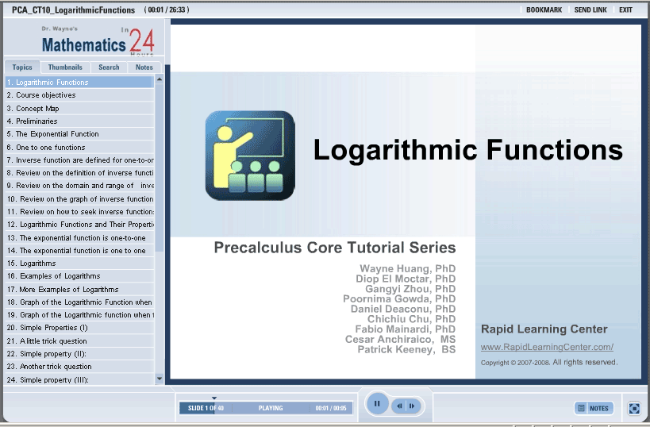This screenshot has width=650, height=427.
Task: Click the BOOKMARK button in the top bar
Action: (x=544, y=10)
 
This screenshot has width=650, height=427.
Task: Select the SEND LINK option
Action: (x=590, y=10)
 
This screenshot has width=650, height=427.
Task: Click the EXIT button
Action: (x=625, y=10)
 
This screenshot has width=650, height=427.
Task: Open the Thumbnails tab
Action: (x=65, y=67)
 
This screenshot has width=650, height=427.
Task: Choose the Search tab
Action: (x=109, y=67)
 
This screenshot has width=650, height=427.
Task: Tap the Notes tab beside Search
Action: (x=144, y=67)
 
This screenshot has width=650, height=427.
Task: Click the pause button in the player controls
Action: (x=377, y=403)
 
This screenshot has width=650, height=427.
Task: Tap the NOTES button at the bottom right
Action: (x=594, y=408)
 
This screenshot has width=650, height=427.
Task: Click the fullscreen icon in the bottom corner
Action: (x=634, y=408)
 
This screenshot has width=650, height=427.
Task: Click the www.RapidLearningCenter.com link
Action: (x=547, y=347)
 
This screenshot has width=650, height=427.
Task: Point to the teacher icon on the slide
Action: (x=250, y=156)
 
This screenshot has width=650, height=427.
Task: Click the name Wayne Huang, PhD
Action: (x=407, y=268)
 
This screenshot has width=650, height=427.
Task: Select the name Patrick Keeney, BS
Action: (x=406, y=349)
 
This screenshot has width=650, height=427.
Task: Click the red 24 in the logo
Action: (x=141, y=41)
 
